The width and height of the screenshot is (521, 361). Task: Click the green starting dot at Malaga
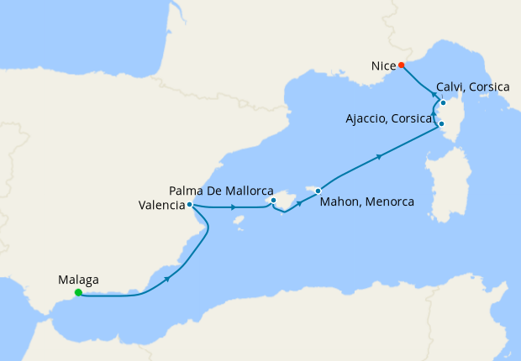[x=78, y=293]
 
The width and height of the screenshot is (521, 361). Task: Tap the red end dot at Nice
[x=402, y=65]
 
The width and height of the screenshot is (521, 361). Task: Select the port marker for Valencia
[x=191, y=204]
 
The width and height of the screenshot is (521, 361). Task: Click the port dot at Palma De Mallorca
[x=274, y=201]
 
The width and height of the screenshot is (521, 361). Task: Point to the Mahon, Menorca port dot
[x=318, y=191]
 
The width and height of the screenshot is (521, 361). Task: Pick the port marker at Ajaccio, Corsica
[x=441, y=125]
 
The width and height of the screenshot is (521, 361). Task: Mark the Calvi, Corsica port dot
[x=443, y=103]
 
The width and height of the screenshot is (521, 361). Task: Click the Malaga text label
[x=79, y=280]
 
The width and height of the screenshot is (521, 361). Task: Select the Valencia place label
[x=161, y=204]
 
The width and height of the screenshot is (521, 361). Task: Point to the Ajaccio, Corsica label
[x=389, y=118]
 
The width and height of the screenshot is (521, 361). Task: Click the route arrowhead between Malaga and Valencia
[x=169, y=278]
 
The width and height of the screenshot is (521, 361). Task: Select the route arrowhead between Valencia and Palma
[x=232, y=207]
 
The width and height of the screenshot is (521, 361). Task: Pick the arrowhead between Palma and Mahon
[x=299, y=202]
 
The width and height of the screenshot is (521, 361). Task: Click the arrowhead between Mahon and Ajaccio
[x=381, y=156]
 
